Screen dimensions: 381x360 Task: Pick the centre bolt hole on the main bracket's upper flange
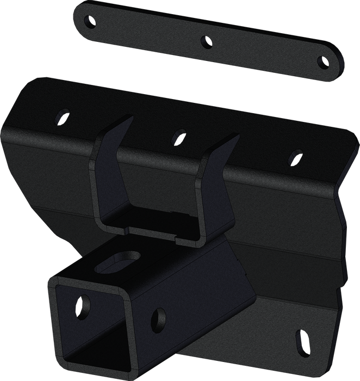point(178,134)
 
